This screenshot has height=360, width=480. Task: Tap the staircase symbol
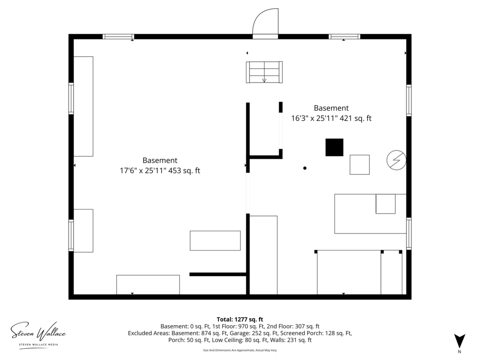[264, 72]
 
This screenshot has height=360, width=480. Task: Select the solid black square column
[334, 147]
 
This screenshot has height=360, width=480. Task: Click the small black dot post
[305, 168]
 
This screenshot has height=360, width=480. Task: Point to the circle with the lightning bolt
[396, 160]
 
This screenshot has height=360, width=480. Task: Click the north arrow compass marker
[459, 340]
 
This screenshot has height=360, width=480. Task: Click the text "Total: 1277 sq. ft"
[240, 319]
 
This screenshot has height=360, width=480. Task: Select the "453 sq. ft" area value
[184, 171]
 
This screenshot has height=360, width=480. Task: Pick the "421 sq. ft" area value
[355, 118]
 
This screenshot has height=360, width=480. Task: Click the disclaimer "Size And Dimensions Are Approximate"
[228, 350]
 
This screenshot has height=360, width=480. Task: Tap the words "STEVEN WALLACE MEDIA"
[39, 345]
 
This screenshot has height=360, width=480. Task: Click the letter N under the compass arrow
[459, 352]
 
